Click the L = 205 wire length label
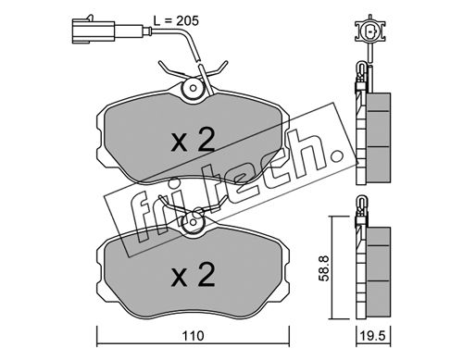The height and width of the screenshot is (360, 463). tap(176, 21)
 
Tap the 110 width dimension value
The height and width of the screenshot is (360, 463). tap(194, 336)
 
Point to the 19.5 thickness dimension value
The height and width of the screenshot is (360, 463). tap(373, 336)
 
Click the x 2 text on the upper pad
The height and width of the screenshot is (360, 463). tap(194, 141)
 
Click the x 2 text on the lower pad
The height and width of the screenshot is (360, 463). tap(194, 275)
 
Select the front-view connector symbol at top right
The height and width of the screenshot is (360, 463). tap(370, 31)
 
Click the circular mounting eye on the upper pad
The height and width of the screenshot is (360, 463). tap(194, 88)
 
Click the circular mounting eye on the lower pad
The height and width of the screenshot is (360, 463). tap(194, 222)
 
